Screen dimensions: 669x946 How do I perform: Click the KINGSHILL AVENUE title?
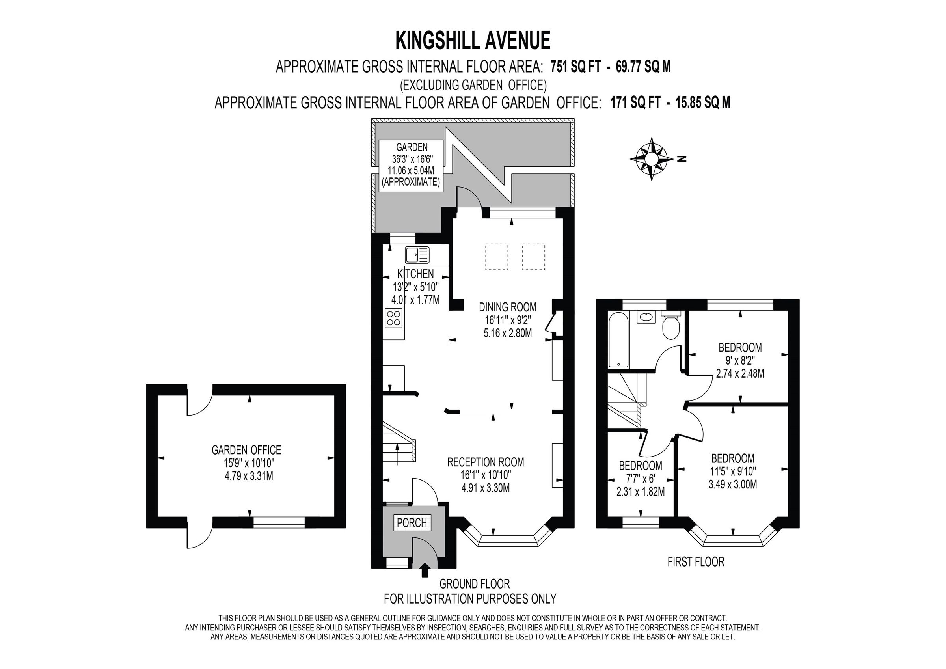473,41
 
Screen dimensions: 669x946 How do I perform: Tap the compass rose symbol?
652,159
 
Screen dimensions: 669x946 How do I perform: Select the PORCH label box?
412,523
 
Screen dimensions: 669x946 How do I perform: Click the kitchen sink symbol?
417,255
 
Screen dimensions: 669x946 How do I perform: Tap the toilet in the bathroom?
671,326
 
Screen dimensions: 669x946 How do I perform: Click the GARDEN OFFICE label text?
246,450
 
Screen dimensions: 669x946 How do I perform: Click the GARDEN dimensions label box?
411,165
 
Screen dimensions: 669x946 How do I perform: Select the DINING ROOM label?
508,307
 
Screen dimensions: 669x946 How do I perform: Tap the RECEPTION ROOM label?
485,462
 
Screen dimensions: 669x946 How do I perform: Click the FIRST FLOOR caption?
695,561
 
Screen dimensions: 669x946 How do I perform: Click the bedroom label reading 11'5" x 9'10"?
733,471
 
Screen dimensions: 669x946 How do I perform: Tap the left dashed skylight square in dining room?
497,257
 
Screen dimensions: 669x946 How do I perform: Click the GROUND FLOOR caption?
474,584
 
